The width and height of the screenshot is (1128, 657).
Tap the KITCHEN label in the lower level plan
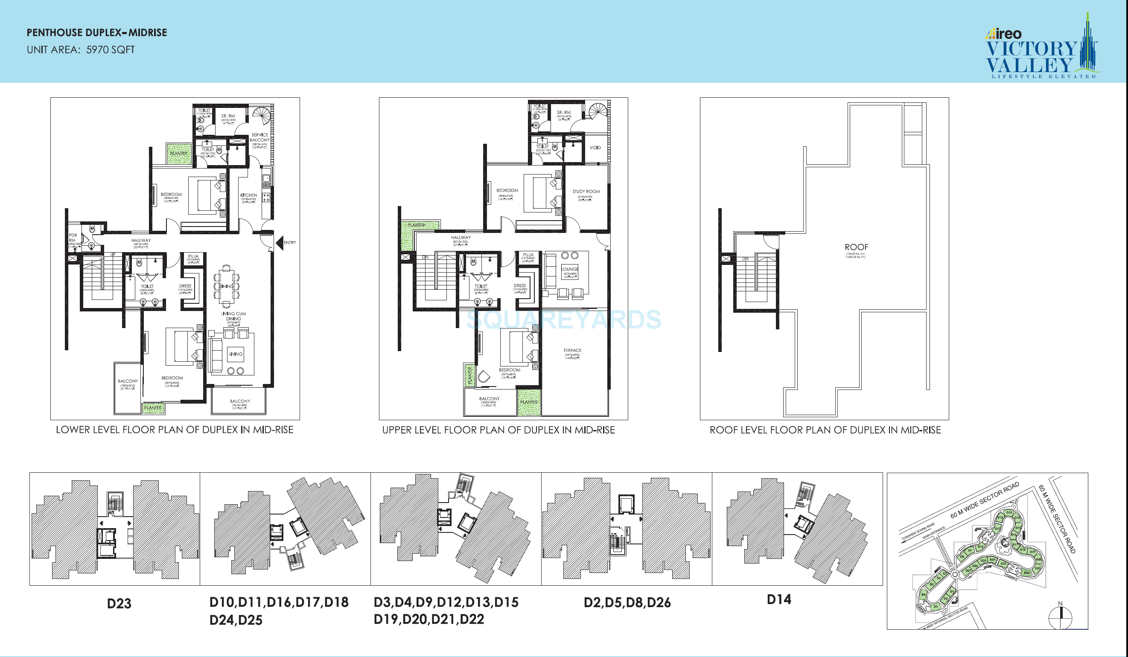(x=249, y=195)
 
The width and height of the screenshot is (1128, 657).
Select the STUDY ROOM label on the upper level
(x=586, y=191)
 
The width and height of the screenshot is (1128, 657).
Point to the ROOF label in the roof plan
(x=856, y=247)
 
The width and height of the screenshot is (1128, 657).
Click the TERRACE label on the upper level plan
(x=572, y=350)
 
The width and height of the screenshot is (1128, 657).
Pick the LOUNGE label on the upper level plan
(x=570, y=269)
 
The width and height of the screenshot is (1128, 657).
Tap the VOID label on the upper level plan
(x=595, y=148)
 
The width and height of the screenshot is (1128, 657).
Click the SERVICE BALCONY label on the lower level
(x=259, y=137)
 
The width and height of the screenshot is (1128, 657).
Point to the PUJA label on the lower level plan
(x=193, y=256)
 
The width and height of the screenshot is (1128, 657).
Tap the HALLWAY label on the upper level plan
(x=461, y=238)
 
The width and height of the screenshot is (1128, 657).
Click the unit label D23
(x=119, y=603)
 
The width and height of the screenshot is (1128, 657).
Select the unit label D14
(x=779, y=599)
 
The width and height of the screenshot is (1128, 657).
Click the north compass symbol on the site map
(x=1061, y=618)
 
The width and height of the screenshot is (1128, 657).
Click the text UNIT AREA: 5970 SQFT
(x=81, y=49)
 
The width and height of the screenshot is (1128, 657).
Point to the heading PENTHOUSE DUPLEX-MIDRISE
(x=97, y=33)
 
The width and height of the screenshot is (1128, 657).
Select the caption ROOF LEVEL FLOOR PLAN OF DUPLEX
(x=825, y=430)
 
